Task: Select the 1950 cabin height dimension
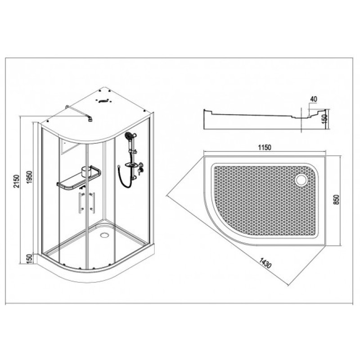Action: (30, 177)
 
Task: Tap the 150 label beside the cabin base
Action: (30, 259)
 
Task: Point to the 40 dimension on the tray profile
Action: (313, 99)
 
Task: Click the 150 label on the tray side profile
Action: (324, 119)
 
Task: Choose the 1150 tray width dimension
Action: (265, 147)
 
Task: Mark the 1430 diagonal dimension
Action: (265, 263)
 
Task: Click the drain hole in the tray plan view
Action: (302, 179)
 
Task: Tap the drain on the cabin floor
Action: (104, 235)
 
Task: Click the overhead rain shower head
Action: (91, 119)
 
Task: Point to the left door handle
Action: (81, 203)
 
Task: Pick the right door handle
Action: (93, 203)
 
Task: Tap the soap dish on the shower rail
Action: (131, 165)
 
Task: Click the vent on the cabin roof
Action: (104, 101)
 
